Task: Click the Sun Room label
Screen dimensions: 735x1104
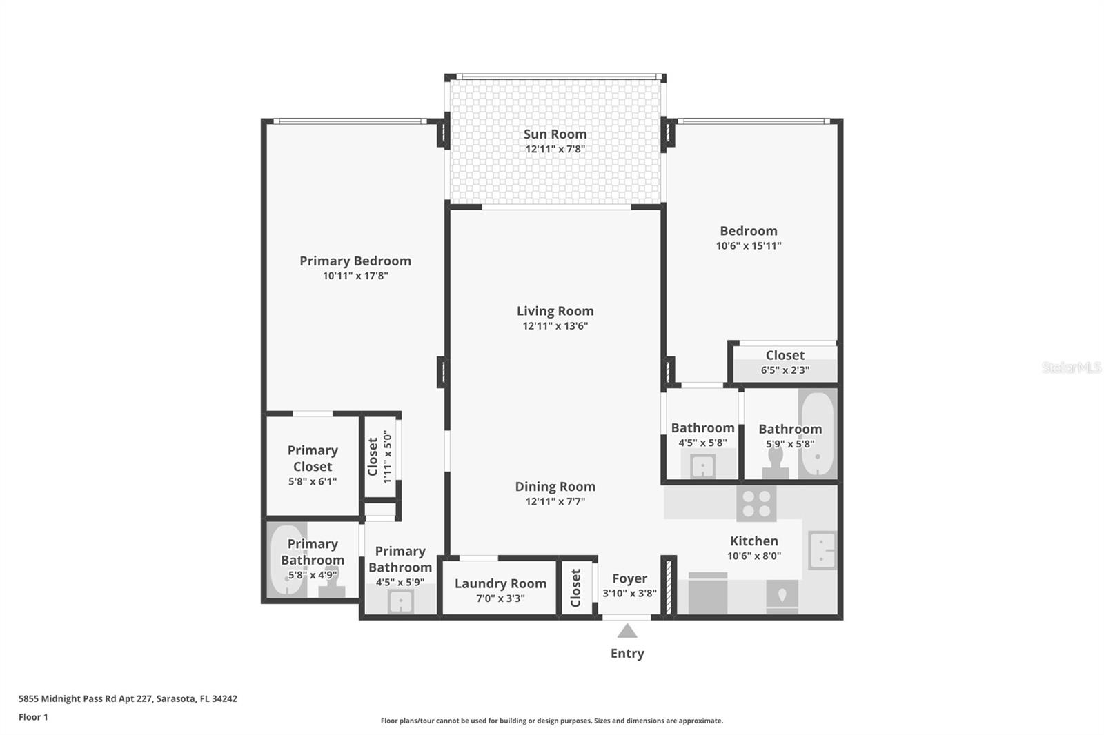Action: [555, 134]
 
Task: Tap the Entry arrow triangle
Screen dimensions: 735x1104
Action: [627, 631]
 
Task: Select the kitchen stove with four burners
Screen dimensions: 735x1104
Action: [756, 503]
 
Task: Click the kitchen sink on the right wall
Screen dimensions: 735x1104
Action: [821, 550]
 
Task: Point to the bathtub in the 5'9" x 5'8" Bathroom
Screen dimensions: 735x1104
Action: [818, 433]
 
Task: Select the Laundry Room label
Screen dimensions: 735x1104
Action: [500, 583]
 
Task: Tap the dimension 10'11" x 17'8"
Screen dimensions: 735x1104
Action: [355, 276]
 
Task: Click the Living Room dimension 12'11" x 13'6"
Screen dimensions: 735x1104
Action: [555, 326]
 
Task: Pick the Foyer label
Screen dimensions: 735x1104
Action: [629, 578]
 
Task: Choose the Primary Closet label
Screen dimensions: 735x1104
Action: [313, 458]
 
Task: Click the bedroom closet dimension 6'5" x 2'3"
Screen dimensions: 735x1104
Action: [785, 370]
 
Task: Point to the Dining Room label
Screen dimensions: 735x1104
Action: [555, 486]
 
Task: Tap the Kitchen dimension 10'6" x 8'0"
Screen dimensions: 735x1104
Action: [753, 556]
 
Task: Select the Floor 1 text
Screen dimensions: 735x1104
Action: [33, 717]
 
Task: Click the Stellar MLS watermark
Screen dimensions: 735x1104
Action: [1071, 367]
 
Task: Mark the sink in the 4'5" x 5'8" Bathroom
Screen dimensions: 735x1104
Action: [702, 467]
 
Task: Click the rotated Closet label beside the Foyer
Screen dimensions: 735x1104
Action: [575, 587]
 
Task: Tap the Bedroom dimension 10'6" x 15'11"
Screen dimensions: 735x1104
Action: [748, 246]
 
